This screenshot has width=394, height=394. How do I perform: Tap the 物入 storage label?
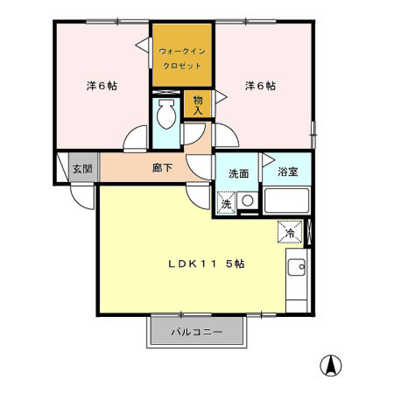(198, 105)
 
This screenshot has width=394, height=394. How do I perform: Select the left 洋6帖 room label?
(102, 86)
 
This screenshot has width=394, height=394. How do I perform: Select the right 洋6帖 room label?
(260, 86)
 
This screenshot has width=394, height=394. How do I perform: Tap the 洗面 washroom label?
(239, 172)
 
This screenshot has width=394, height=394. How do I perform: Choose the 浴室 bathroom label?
(288, 172)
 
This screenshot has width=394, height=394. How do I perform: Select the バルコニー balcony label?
(197, 333)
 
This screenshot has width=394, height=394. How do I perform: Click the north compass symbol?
(334, 365)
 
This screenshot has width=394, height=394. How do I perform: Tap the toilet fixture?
(165, 116)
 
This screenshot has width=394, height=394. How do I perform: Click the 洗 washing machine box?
(226, 203)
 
